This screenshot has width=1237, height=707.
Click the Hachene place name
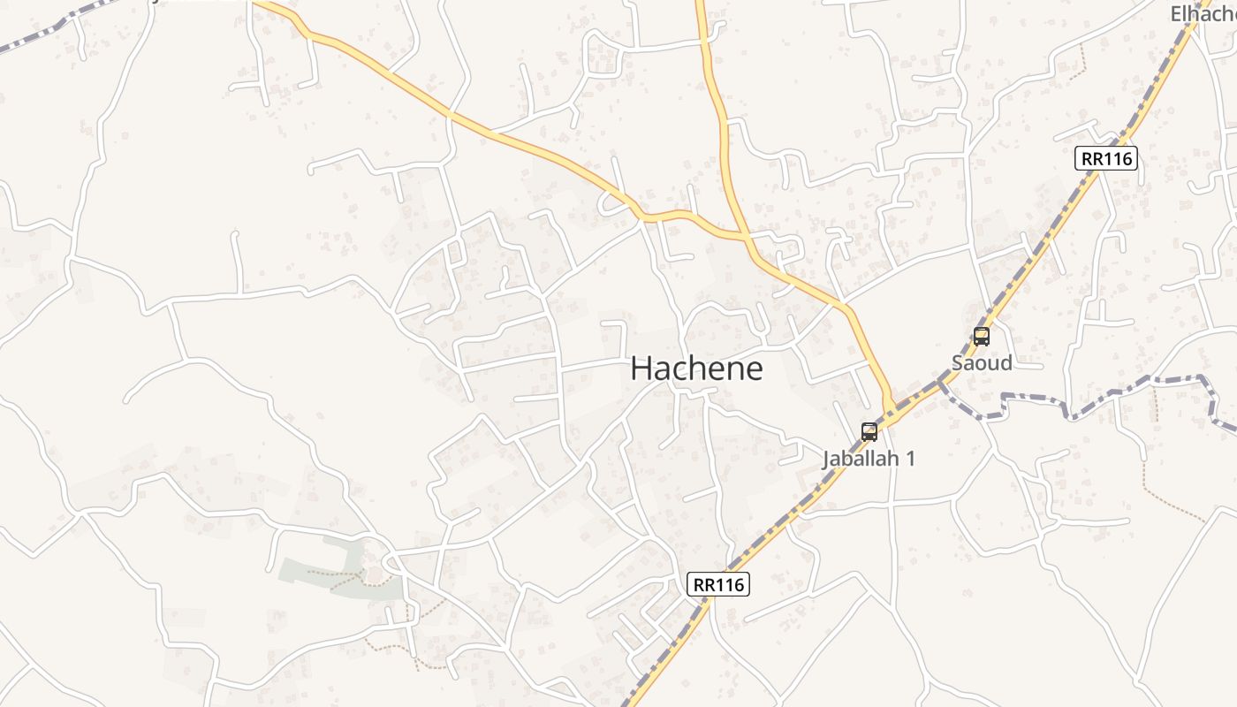(696, 369)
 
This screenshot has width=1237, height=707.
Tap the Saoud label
(982, 362)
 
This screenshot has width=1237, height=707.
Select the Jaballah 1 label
(869, 459)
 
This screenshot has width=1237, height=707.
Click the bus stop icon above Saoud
(982, 336)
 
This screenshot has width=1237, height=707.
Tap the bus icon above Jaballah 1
(869, 431)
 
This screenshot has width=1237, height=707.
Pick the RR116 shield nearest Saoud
(1106, 159)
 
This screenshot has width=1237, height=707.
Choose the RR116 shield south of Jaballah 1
(718, 584)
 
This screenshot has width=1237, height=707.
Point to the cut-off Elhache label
(1203, 13)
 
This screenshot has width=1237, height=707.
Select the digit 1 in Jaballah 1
(910, 459)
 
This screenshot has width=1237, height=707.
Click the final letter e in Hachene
(753, 370)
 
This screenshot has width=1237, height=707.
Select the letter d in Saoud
(1006, 362)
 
